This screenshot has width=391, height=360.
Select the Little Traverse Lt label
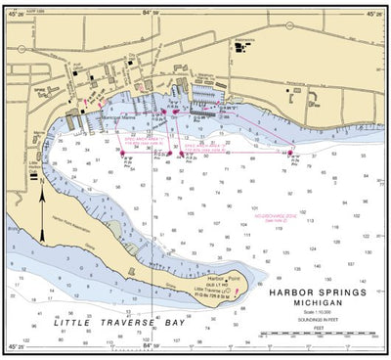pos(209,291)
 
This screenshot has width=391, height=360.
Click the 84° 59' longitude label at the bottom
pos(149,346)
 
